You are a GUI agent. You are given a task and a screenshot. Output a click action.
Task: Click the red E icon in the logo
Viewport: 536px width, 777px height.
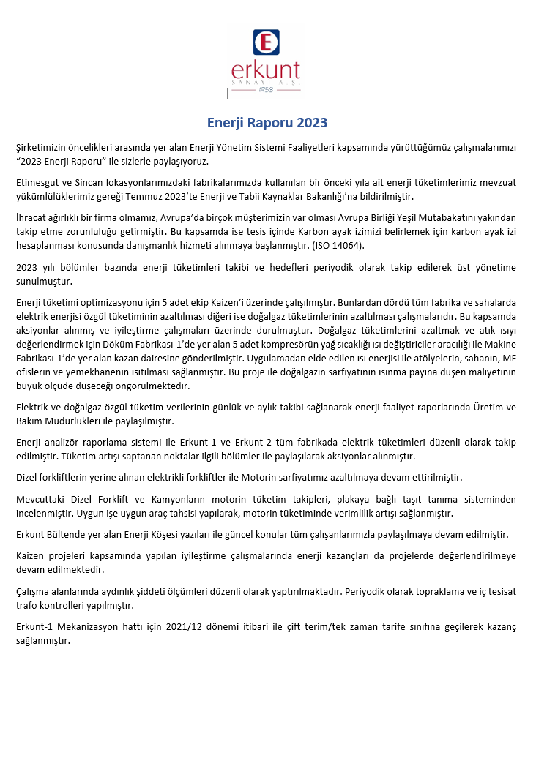click(266, 42)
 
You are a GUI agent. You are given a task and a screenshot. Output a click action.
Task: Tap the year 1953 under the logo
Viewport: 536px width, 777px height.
click(265, 90)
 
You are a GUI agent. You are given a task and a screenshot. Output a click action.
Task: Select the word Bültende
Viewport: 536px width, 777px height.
click(67, 534)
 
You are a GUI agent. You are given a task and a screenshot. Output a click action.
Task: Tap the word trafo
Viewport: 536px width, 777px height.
click(28, 606)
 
